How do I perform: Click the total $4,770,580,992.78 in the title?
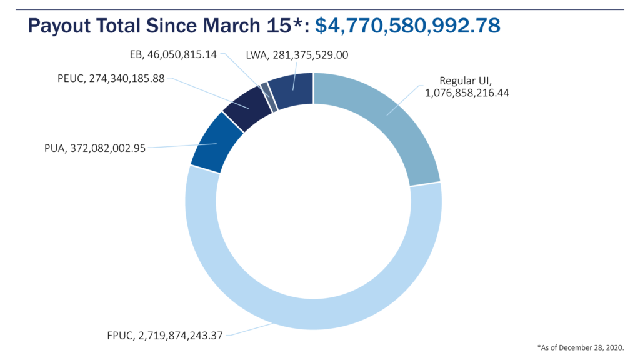(x=407, y=26)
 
